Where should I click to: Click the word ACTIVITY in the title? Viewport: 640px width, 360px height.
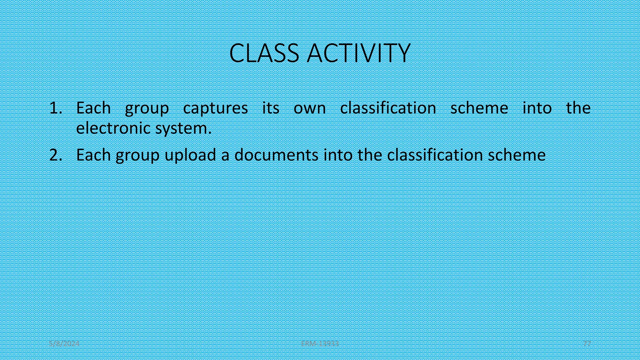(358, 53)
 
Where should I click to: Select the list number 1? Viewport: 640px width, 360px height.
(56, 108)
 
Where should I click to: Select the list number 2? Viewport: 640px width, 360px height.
(56, 155)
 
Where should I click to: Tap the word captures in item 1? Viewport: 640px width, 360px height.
(215, 108)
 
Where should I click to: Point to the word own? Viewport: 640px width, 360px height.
(309, 108)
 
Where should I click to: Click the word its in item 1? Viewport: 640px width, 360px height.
(271, 108)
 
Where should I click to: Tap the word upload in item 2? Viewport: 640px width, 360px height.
(190, 155)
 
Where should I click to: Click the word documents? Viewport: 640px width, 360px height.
(276, 155)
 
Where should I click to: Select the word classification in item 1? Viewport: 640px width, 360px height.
(388, 108)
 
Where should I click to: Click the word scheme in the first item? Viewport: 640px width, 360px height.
(479, 108)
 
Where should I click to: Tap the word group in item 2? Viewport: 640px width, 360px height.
(137, 155)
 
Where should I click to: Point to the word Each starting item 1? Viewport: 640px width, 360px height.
(93, 108)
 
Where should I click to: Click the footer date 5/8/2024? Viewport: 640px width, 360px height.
(64, 344)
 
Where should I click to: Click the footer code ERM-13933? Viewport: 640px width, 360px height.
(320, 344)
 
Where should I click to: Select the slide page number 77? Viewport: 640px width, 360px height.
(587, 344)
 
